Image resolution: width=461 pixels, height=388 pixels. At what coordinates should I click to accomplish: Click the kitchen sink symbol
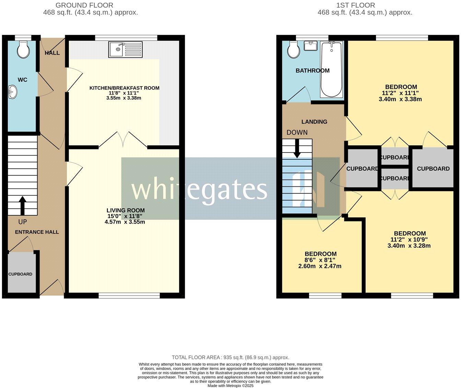125,49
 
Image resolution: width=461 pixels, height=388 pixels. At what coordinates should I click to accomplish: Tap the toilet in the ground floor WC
23,50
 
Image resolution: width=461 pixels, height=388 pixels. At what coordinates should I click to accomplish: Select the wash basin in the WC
12,92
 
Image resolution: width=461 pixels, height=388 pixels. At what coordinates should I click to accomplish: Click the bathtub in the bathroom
331,69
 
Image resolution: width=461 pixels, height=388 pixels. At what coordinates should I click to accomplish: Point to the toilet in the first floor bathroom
294,50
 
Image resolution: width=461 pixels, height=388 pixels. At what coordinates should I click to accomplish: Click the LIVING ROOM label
125,210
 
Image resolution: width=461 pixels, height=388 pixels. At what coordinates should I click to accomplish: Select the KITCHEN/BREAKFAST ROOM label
124,88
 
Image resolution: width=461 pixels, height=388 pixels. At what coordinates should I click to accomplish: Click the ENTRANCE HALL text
37,232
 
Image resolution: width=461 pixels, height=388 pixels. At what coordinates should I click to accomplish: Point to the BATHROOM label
312,71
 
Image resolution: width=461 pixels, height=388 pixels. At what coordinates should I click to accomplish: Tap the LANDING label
314,122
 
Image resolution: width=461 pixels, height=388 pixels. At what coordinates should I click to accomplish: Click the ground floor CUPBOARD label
20,274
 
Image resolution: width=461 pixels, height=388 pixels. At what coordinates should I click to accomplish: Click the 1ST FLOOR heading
355,5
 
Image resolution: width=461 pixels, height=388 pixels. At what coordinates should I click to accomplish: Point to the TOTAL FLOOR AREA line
230,357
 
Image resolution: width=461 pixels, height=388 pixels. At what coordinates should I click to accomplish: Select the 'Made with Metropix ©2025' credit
230,386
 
